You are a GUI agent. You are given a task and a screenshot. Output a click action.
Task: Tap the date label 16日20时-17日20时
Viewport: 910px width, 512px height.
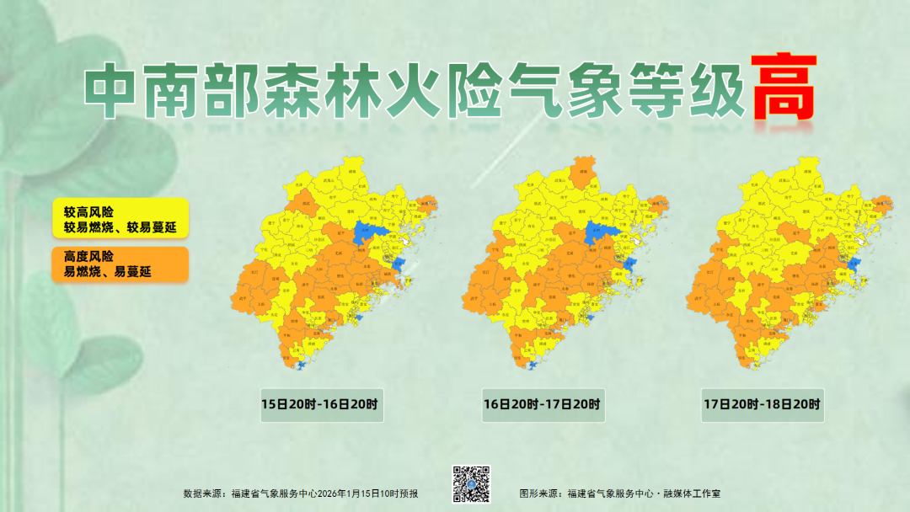[x=543, y=404]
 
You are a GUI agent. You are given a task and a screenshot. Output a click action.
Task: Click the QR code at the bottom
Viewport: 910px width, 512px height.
[x=472, y=483]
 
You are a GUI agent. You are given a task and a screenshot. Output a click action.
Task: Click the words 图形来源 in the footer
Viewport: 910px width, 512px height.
[x=538, y=493]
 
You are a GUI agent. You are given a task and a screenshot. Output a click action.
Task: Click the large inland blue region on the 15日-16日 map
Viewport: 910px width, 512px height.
[x=368, y=231]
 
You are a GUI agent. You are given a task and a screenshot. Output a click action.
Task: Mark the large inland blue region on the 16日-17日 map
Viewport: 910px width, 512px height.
[x=600, y=231]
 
